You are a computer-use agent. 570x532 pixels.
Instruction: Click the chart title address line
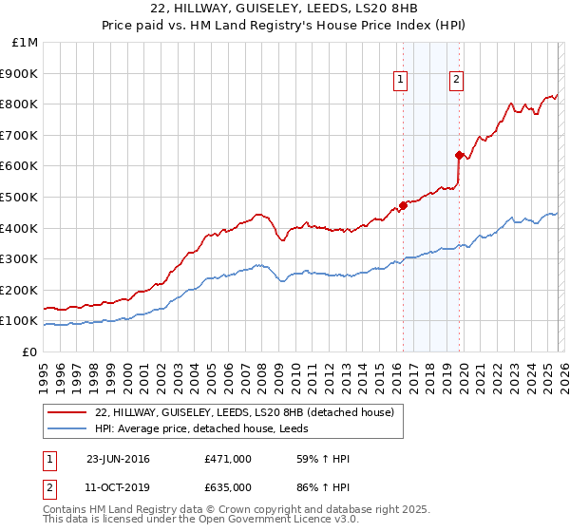pyautogui.click(x=284, y=9)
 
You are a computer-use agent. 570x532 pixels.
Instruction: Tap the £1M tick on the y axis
pyautogui.click(x=25, y=43)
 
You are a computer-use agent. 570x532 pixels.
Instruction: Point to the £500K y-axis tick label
pyautogui.click(x=20, y=198)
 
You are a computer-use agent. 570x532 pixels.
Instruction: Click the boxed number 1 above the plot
pyautogui.click(x=402, y=81)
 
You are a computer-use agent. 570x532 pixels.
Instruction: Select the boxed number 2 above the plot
pyautogui.click(x=457, y=81)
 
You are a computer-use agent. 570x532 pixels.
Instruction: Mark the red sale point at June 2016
pyautogui.click(x=403, y=205)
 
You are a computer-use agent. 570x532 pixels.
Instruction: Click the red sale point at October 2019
pyautogui.click(x=459, y=155)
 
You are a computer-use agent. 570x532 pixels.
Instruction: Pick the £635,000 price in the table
pyautogui.click(x=228, y=487)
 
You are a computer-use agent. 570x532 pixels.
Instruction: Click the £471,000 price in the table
pyautogui.click(x=228, y=459)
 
